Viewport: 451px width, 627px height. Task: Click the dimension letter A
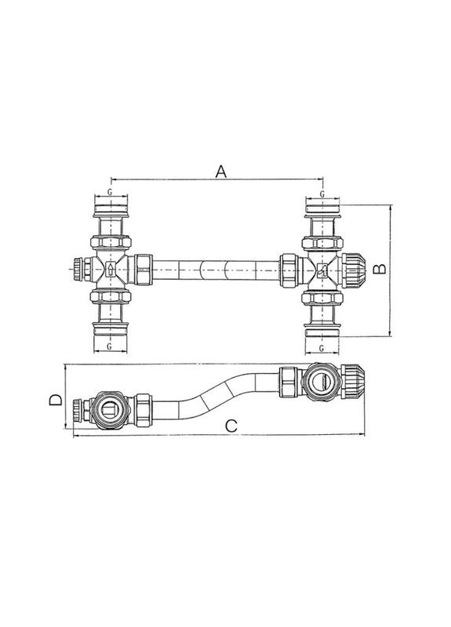(221, 172)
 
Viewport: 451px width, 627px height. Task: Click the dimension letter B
(380, 269)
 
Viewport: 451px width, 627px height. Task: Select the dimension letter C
(231, 426)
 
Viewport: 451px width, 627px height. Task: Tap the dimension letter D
(56, 400)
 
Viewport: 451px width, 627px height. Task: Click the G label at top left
(110, 192)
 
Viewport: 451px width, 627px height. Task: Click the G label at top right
(322, 194)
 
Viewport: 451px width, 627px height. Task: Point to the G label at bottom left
(109, 346)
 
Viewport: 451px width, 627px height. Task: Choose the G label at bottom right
(322, 348)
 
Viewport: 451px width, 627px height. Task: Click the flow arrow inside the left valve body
(111, 268)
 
